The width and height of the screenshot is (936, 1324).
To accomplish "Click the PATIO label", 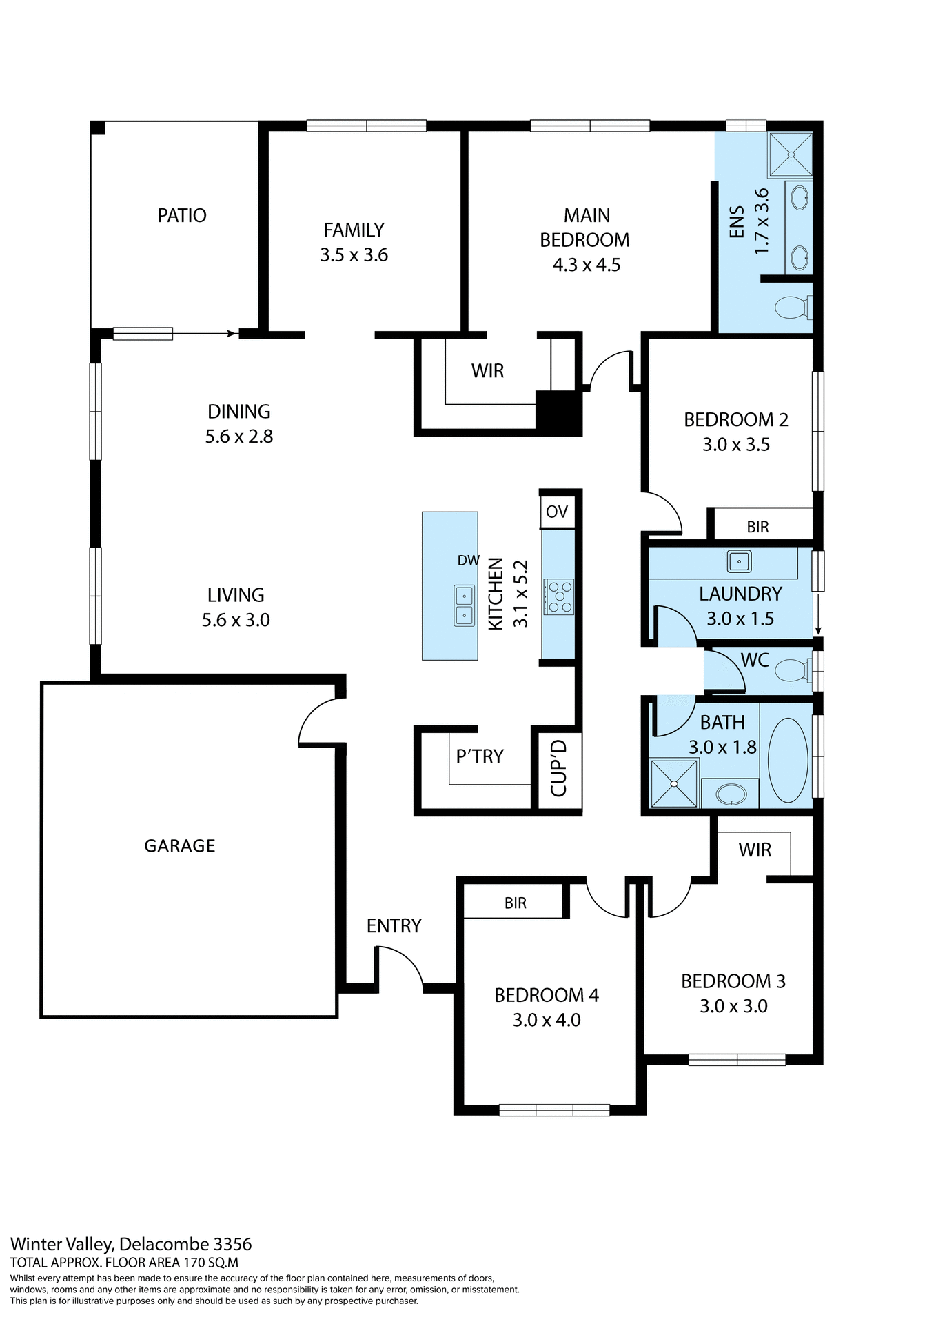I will pyautogui.click(x=182, y=216).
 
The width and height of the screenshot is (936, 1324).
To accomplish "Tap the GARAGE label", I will pyautogui.click(x=180, y=846).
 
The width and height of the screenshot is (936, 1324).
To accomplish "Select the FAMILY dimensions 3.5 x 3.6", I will pyautogui.click(x=354, y=255).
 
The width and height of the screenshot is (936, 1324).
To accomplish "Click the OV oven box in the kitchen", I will pyautogui.click(x=557, y=512).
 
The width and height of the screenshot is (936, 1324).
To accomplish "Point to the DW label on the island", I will pyautogui.click(x=468, y=561).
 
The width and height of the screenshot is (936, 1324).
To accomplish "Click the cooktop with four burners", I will pyautogui.click(x=558, y=596).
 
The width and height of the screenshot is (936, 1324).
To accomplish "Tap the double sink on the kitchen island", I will pyautogui.click(x=464, y=605).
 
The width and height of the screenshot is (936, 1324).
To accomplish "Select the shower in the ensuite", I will pyautogui.click(x=790, y=154).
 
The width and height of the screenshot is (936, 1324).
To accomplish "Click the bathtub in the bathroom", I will pyautogui.click(x=787, y=761).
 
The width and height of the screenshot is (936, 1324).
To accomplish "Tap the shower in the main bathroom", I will pyautogui.click(x=673, y=783).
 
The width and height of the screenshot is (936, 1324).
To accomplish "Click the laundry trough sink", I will pyautogui.click(x=739, y=561).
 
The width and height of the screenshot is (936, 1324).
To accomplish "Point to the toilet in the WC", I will pyautogui.click(x=793, y=669).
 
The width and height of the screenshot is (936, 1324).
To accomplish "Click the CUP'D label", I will pyautogui.click(x=559, y=768).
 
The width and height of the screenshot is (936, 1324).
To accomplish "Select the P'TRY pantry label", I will pyautogui.click(x=480, y=756).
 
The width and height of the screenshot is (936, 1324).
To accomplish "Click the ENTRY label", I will pyautogui.click(x=394, y=926).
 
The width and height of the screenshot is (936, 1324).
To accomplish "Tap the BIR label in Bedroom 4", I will pyautogui.click(x=515, y=903).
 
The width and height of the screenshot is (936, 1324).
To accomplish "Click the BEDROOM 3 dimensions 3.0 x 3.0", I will pyautogui.click(x=733, y=1006).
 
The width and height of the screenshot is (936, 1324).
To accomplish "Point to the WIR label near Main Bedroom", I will pyautogui.click(x=487, y=371).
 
